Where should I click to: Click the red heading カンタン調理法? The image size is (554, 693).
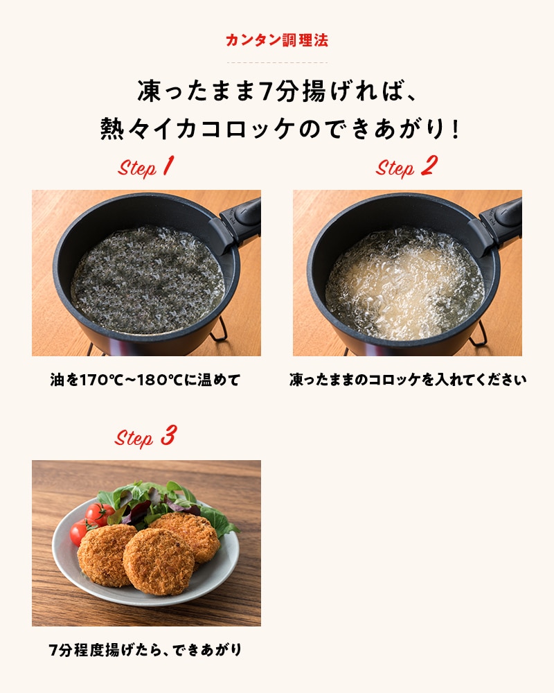(277, 40)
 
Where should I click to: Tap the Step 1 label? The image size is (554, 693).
(146, 166)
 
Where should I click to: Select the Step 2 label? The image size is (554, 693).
(406, 166)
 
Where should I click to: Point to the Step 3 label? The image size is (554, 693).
(145, 436)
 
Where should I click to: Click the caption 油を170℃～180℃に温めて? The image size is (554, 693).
(145, 380)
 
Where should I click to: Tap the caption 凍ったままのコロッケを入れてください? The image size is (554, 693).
(408, 380)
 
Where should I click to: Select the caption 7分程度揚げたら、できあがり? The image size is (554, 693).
(145, 650)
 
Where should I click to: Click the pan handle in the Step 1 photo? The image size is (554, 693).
(238, 221)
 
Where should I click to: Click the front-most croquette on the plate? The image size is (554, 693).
(159, 561)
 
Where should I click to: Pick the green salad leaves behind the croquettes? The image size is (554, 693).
(168, 504)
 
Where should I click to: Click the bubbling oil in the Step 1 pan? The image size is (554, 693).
(147, 280)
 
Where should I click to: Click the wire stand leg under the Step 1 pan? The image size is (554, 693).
(220, 329)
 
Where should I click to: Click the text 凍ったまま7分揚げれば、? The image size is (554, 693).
(277, 91)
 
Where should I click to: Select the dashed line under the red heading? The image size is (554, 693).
(277, 63)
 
